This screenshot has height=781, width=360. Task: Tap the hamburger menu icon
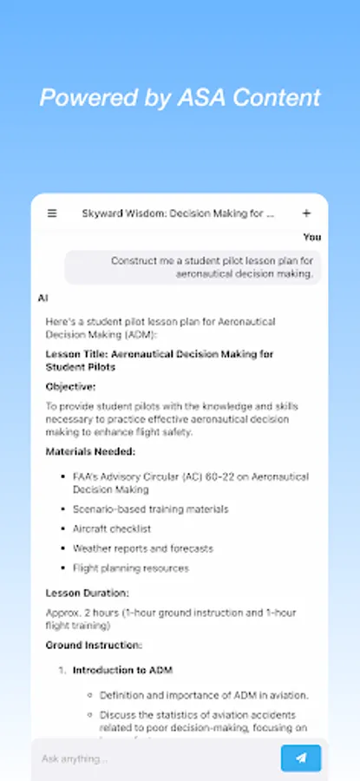point(52,213)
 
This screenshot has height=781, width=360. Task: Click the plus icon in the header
point(306,213)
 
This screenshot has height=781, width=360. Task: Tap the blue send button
point(300,758)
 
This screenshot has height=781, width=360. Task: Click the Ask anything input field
point(156,758)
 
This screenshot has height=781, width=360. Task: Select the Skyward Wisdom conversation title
point(178,213)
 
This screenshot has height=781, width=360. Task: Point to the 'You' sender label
point(312,237)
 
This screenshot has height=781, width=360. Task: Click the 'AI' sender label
point(43,298)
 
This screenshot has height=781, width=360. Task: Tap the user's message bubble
point(193,266)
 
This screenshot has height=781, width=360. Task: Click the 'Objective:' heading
point(71,386)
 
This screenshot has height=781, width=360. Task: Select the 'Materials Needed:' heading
point(90,451)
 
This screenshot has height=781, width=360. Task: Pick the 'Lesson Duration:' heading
point(87,593)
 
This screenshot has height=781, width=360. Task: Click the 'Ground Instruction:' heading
point(94,645)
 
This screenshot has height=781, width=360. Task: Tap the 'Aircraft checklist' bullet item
point(112,528)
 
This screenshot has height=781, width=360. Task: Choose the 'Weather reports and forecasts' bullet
point(142,548)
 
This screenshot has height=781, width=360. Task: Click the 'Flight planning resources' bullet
point(131,568)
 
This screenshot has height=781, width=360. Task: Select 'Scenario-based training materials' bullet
point(150,509)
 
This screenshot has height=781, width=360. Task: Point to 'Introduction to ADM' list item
point(123,670)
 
